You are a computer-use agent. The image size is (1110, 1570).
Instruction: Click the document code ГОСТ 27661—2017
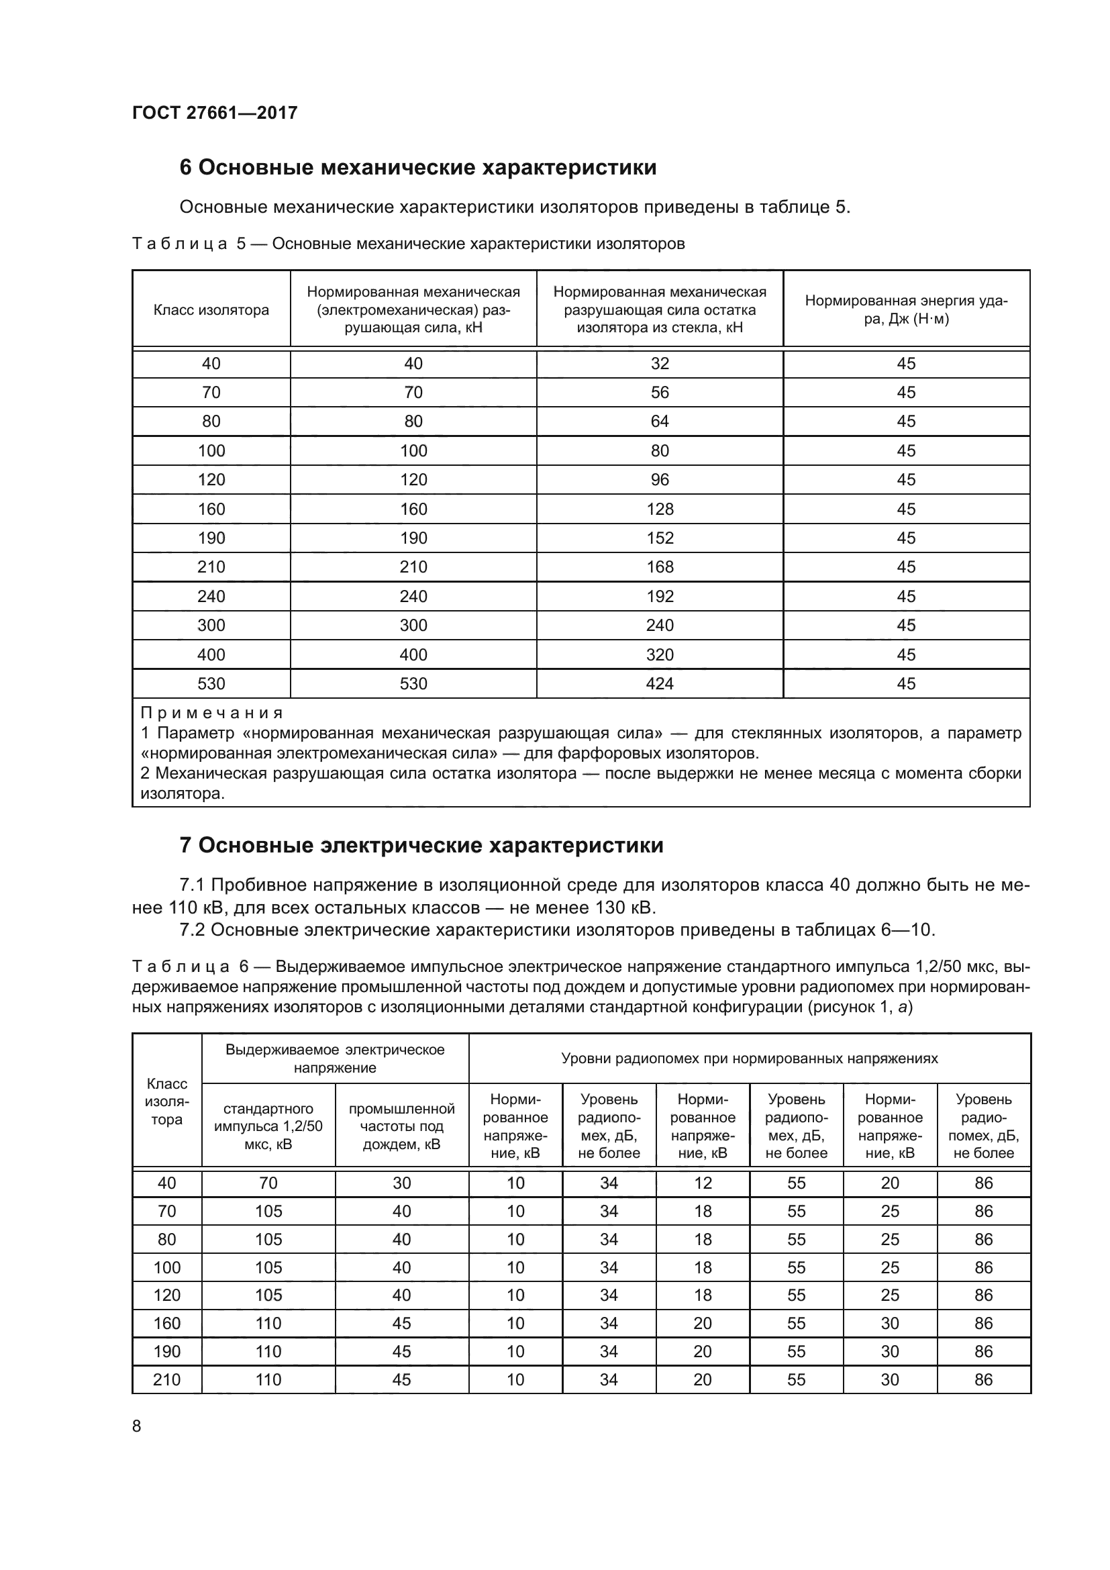tap(215, 113)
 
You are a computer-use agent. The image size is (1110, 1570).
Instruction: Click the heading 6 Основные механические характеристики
tap(417, 168)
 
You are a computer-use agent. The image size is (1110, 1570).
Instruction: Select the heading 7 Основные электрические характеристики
tap(421, 846)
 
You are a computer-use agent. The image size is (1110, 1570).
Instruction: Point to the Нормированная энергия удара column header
tap(905, 309)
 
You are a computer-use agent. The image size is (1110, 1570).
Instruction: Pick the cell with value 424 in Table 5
tap(660, 684)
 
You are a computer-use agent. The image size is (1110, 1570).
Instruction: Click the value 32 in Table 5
tap(660, 364)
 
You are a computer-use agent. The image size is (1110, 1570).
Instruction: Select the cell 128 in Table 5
tap(660, 509)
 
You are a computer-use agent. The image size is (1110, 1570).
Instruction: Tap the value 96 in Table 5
tap(660, 480)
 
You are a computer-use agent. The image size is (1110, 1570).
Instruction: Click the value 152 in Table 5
tap(660, 538)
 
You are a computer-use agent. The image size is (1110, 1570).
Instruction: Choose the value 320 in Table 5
tap(660, 655)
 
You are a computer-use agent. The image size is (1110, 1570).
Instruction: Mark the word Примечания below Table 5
tap(212, 714)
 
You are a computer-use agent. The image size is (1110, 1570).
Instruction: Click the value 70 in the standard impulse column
tap(268, 1183)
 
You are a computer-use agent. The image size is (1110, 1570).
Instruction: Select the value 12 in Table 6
tap(703, 1183)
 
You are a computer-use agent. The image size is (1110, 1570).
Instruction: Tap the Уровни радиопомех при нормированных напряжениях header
tap(749, 1059)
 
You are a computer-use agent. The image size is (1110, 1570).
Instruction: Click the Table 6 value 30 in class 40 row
tap(402, 1183)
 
